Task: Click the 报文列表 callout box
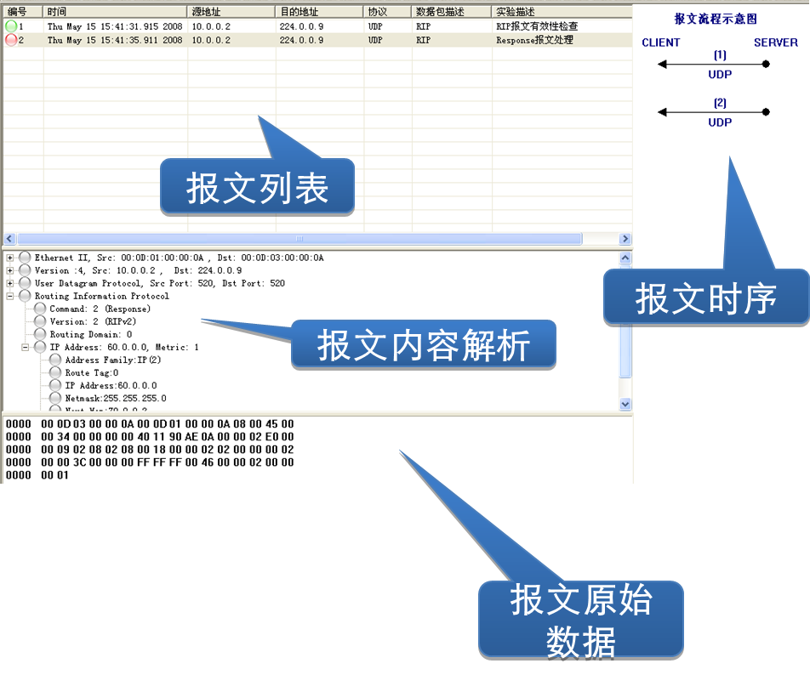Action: [x=257, y=187]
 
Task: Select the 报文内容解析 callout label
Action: [x=423, y=344]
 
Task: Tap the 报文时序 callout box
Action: [x=705, y=298]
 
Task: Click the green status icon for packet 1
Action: [x=11, y=26]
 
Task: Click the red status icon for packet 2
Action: [x=11, y=40]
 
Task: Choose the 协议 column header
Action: [x=377, y=12]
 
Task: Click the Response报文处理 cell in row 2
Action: [x=534, y=40]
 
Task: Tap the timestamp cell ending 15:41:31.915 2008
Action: [x=115, y=26]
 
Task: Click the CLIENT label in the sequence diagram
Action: [x=661, y=43]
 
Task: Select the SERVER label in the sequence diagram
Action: [x=776, y=43]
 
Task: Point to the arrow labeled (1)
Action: [x=715, y=64]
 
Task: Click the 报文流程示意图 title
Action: [x=716, y=19]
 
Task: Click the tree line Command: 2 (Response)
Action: [x=100, y=309]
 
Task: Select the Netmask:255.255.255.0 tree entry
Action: [x=116, y=398]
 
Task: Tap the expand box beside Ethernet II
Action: [x=10, y=258]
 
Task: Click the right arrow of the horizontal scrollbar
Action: [x=625, y=239]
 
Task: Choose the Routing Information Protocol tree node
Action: [x=102, y=297]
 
